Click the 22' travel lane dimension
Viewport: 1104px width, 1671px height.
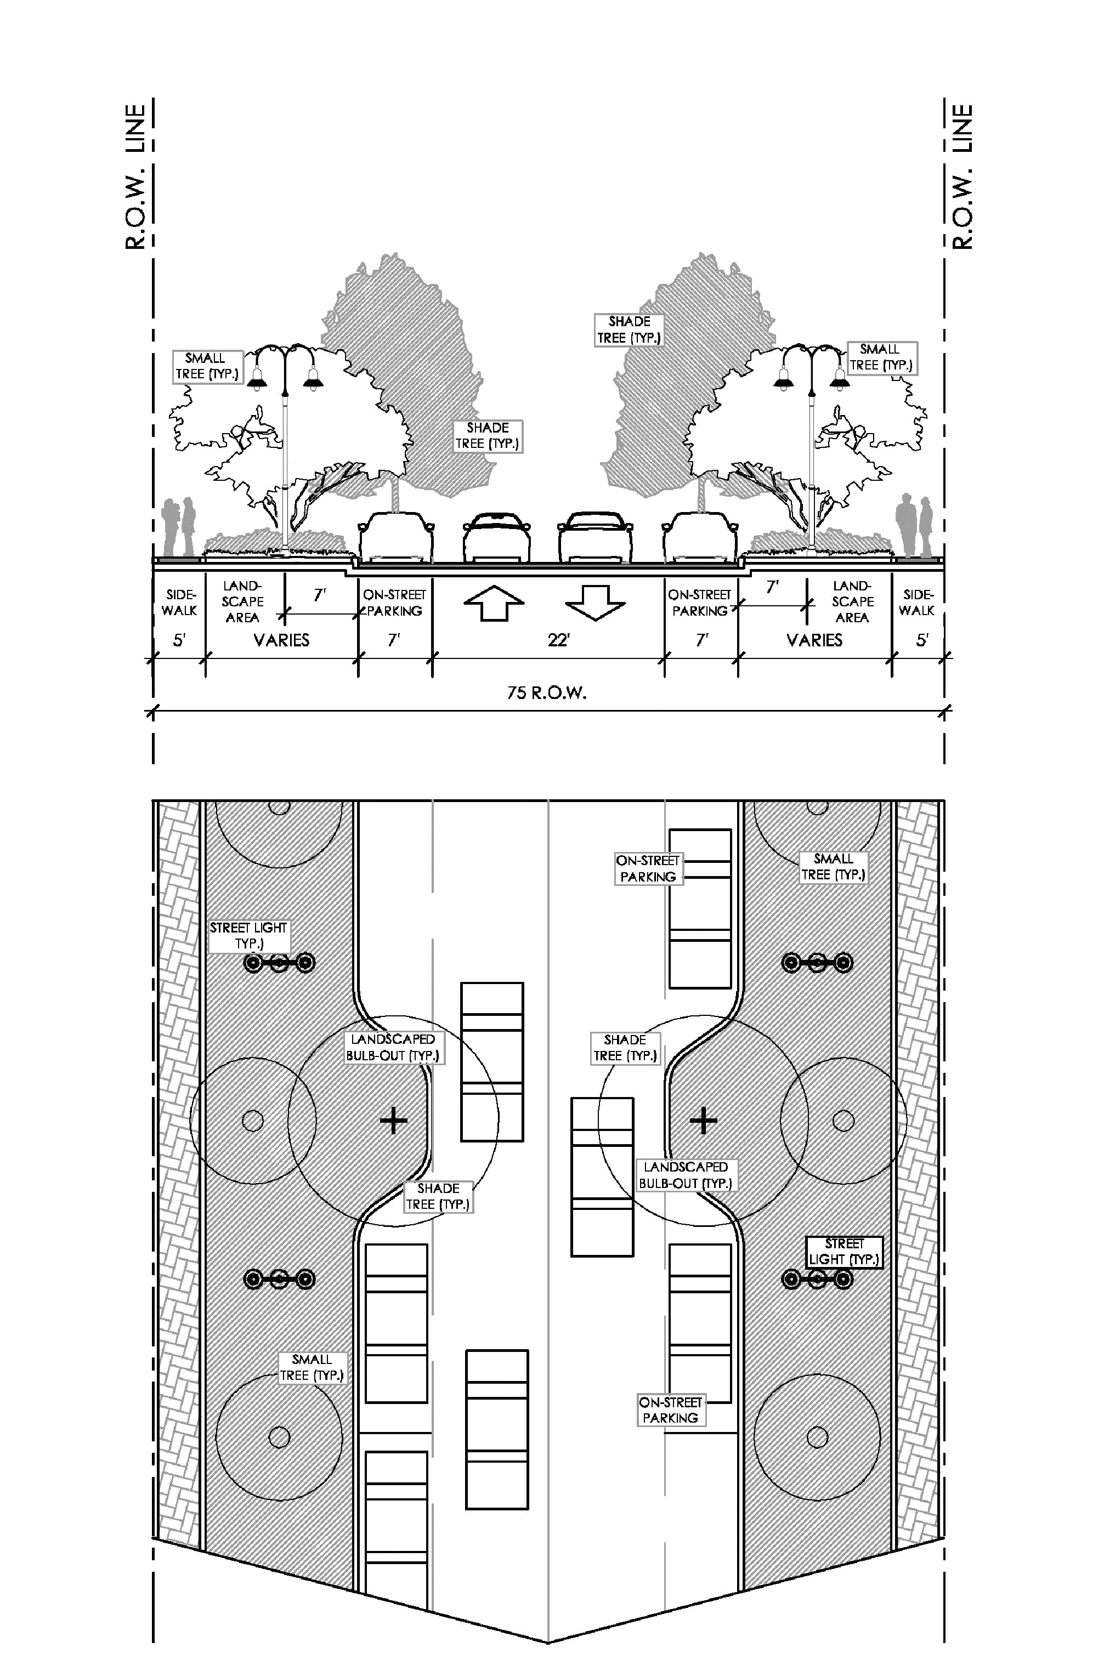pyautogui.click(x=558, y=640)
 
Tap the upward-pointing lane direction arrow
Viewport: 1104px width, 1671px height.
pyautogui.click(x=494, y=603)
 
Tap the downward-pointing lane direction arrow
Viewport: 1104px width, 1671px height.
pyautogui.click(x=595, y=603)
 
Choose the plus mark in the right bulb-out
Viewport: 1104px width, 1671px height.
pyautogui.click(x=703, y=1120)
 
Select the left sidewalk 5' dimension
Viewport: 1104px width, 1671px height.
pyautogui.click(x=179, y=640)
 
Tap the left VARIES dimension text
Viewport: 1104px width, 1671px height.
pyautogui.click(x=282, y=640)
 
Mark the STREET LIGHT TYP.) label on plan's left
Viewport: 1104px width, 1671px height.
pyautogui.click(x=248, y=935)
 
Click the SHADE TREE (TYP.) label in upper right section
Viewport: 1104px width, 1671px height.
pyautogui.click(x=629, y=329)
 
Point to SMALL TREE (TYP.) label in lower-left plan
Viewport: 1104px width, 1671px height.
pyautogui.click(x=311, y=1368)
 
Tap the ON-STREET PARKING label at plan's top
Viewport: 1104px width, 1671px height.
pyautogui.click(x=648, y=868)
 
